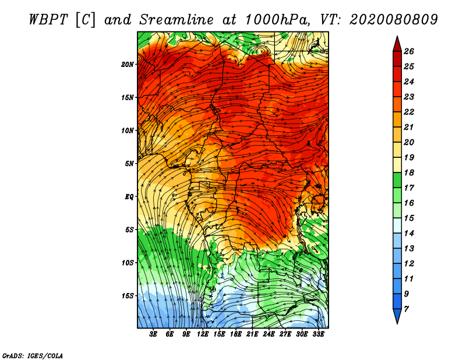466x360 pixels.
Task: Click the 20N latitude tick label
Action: coord(128,65)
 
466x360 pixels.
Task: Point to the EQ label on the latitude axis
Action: coord(129,197)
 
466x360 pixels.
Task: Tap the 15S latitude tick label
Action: coord(128,296)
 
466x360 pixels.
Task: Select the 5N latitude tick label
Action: coord(129,164)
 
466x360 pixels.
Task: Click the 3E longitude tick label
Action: coord(154,335)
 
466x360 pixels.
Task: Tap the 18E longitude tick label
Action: coord(236,335)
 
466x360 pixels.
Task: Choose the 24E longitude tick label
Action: coord(269,335)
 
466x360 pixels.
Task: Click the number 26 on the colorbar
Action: coord(416,51)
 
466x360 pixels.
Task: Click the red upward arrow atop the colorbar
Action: coord(397,43)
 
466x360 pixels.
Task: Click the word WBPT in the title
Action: coord(49,19)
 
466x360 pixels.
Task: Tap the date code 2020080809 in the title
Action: coord(394,19)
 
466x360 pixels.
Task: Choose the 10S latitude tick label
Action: coord(128,263)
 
